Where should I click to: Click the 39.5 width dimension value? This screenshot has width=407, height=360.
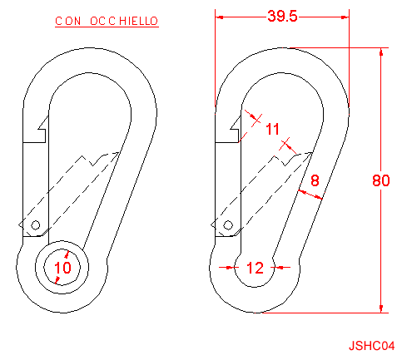coord(282,16)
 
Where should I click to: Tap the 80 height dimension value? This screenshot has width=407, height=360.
coord(381,180)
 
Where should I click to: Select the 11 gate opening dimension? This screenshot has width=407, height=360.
coord(272,129)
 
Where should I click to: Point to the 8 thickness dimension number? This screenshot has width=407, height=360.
coord(315,180)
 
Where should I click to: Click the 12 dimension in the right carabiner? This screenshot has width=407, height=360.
coord(255,268)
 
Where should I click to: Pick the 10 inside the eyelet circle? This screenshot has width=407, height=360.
coord(62,268)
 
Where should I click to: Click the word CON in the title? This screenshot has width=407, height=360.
coord(68,21)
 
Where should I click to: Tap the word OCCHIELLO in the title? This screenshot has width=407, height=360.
coord(124,21)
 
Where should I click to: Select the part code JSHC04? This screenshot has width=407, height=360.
coord(371,346)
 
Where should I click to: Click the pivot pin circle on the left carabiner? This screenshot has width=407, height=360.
coord(35,225)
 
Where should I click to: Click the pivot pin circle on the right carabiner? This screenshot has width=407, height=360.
coord(228,225)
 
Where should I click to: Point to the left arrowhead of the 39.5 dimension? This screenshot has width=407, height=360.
coord(220,17)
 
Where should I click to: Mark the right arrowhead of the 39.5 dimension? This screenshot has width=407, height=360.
coord(345,17)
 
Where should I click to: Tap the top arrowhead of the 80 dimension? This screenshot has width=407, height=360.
coord(381,52)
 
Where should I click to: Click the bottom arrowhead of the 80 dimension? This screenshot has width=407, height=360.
coord(381,308)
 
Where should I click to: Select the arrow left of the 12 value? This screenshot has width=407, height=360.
coord(229,268)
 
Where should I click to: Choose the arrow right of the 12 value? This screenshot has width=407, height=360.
coord(280,268)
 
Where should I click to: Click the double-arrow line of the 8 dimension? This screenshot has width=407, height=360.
coord(310,195)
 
